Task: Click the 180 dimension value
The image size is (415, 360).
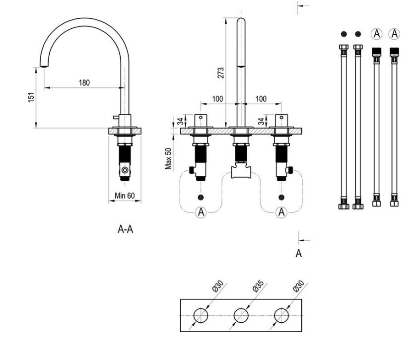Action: point(85,83)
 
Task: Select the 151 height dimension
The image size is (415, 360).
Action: point(31,97)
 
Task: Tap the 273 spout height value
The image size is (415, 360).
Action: point(221,73)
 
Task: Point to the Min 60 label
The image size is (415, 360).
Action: point(125,195)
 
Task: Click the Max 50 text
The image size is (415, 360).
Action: point(169,158)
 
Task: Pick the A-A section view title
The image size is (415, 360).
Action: point(125,229)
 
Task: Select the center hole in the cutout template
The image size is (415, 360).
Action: point(241,315)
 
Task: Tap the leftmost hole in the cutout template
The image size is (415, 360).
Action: point(201,315)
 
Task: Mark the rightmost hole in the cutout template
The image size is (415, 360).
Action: point(281,315)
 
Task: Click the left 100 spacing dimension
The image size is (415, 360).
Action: point(217,99)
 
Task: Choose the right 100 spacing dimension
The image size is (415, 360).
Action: point(261,99)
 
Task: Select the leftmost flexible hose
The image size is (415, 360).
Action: point(343,127)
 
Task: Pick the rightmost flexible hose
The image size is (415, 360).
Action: point(395,127)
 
